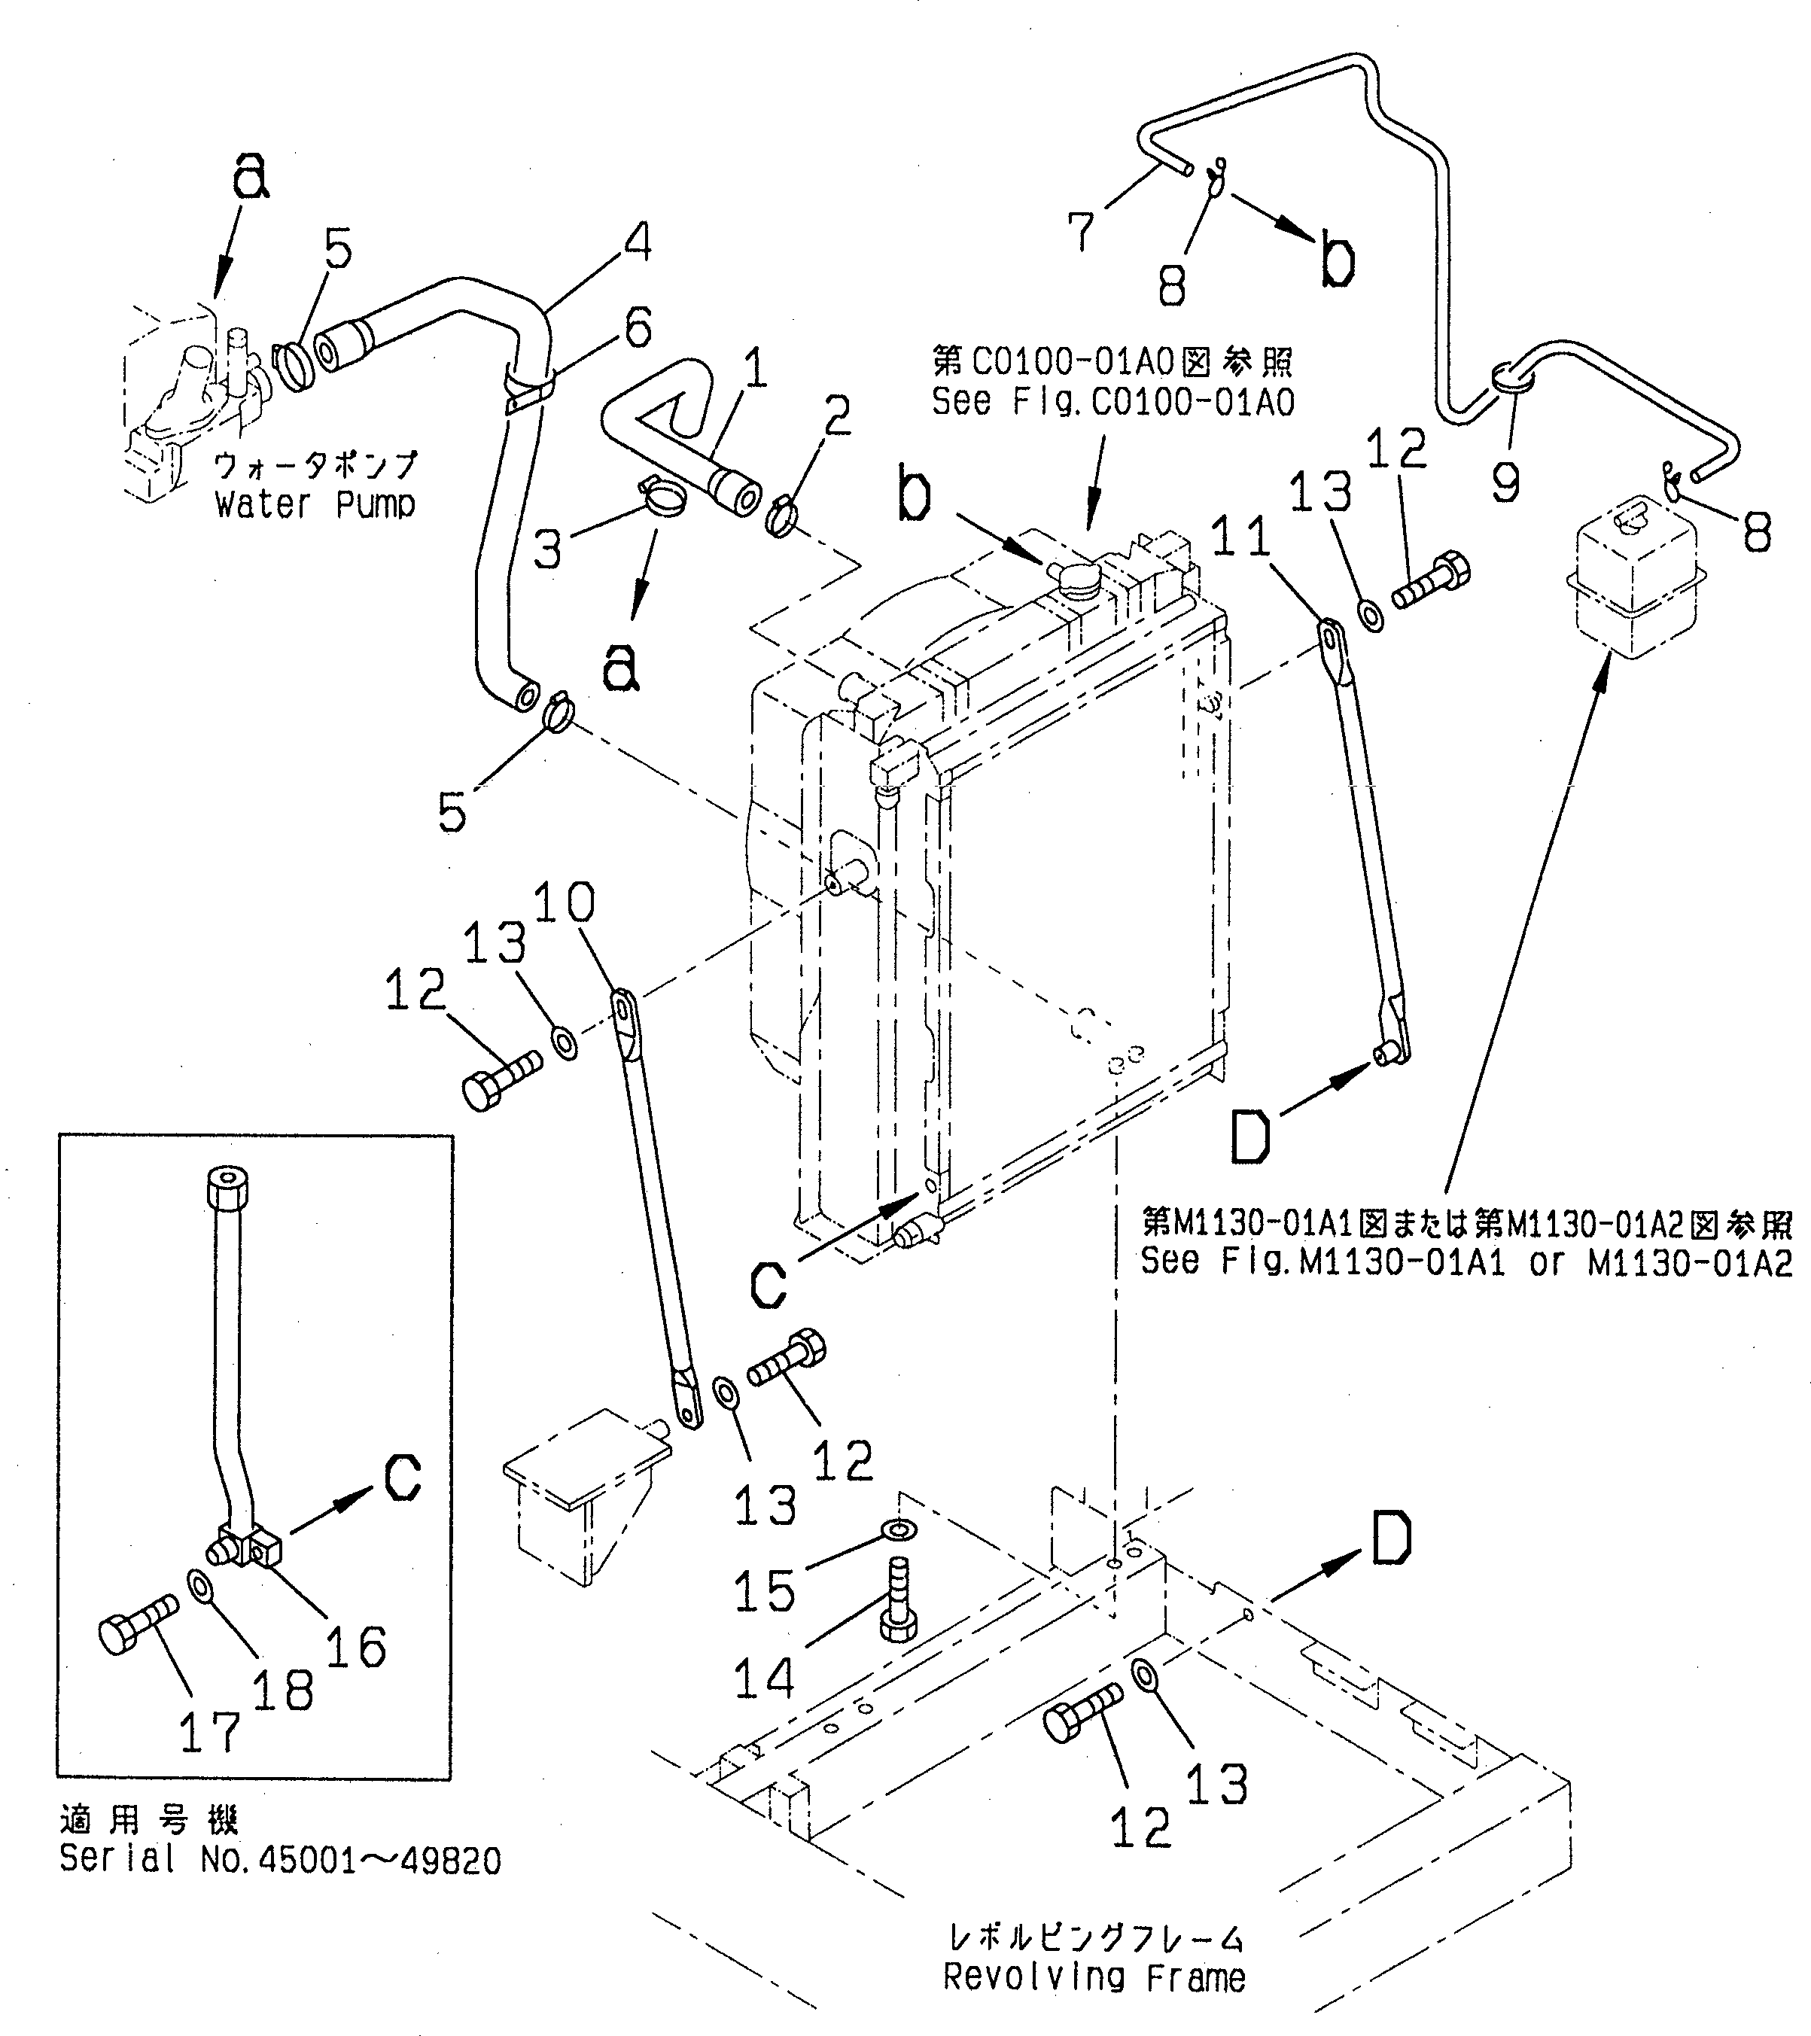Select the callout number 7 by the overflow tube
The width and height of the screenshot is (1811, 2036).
(x=1080, y=231)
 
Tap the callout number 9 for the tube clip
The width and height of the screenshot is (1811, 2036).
(x=1505, y=482)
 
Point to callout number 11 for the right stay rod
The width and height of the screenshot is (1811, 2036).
(x=1241, y=539)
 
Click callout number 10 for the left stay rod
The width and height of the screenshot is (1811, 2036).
(x=564, y=902)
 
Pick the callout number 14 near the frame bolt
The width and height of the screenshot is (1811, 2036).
(x=764, y=1676)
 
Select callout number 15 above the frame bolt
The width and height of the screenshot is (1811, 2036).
(x=764, y=1590)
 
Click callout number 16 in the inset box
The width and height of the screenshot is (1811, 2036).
(x=355, y=1647)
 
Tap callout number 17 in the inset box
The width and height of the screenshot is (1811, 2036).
(x=210, y=1731)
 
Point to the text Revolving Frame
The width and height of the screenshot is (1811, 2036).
(x=1094, y=1977)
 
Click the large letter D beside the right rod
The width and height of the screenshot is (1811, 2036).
(x=1250, y=1137)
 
